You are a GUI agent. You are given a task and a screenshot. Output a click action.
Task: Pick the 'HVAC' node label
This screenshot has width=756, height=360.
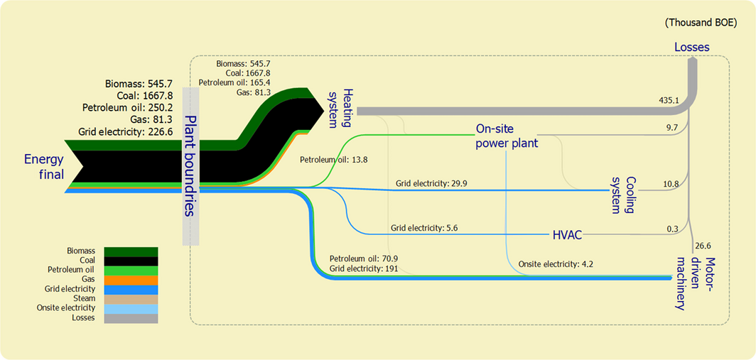(x=568, y=234)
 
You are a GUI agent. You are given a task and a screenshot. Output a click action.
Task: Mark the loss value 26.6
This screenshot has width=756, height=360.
(x=703, y=246)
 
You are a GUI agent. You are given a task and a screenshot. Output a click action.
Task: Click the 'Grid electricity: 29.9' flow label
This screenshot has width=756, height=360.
(x=431, y=183)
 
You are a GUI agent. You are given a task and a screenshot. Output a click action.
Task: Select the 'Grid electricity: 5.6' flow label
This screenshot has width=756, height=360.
(x=424, y=228)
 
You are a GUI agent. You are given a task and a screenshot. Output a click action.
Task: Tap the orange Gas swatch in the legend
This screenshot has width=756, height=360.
(x=131, y=280)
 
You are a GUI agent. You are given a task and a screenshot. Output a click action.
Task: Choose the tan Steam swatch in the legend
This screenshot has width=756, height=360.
(x=131, y=299)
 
